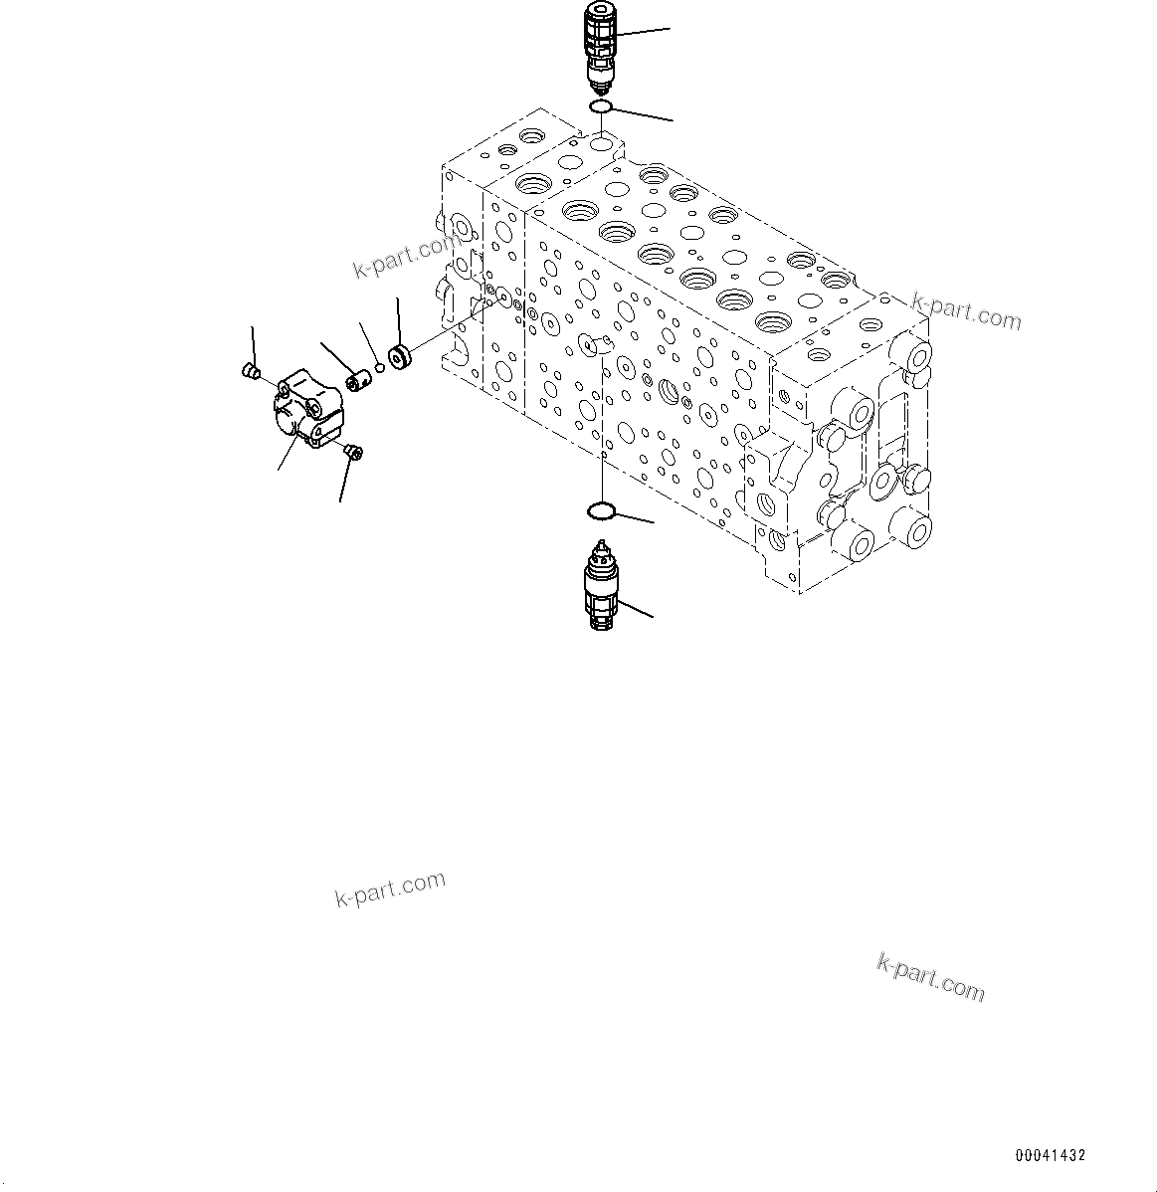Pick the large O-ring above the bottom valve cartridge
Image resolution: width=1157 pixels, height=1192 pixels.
(600, 511)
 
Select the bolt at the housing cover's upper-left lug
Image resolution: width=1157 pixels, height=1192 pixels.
(252, 373)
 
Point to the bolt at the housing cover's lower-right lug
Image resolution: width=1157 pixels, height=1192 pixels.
(352, 454)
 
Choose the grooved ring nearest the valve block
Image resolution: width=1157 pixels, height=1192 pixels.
(401, 356)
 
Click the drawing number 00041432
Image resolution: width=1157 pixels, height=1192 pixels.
(1050, 1155)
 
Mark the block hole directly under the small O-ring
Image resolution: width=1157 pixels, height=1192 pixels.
(600, 145)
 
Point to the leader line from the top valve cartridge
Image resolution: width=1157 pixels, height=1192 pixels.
(642, 33)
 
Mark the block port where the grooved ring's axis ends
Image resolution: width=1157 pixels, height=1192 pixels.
(502, 297)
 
